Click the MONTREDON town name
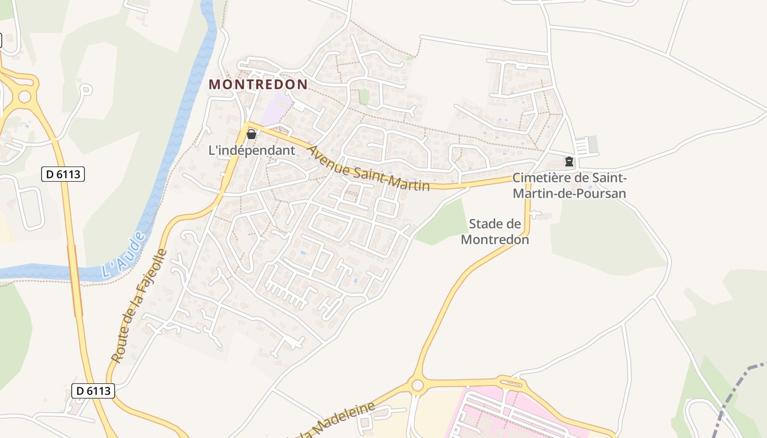tap(258, 84)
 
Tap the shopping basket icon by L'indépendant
tap(251, 134)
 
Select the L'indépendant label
tap(252, 150)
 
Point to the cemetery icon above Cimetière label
tap(569, 162)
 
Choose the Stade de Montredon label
tap(495, 232)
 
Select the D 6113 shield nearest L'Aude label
tap(63, 175)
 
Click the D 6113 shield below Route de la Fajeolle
tap(93, 391)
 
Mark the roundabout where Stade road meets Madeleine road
tap(418, 385)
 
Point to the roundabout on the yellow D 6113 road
tap(25, 97)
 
